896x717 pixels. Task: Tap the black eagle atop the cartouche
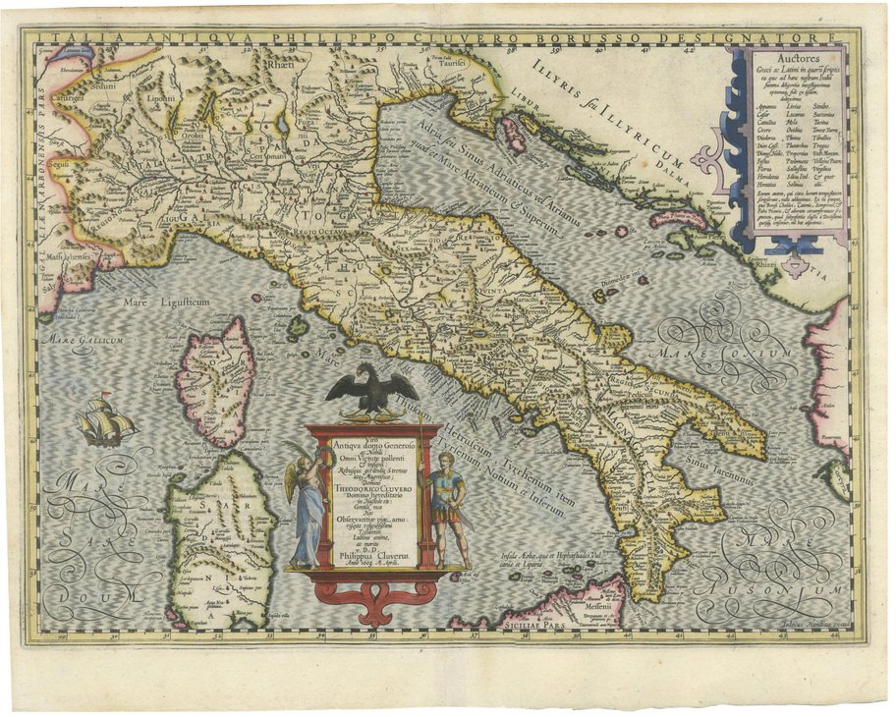(x=371, y=389)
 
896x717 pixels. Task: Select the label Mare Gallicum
(x=80, y=340)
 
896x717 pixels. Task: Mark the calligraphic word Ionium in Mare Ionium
(x=763, y=354)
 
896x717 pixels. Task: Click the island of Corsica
(x=215, y=365)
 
